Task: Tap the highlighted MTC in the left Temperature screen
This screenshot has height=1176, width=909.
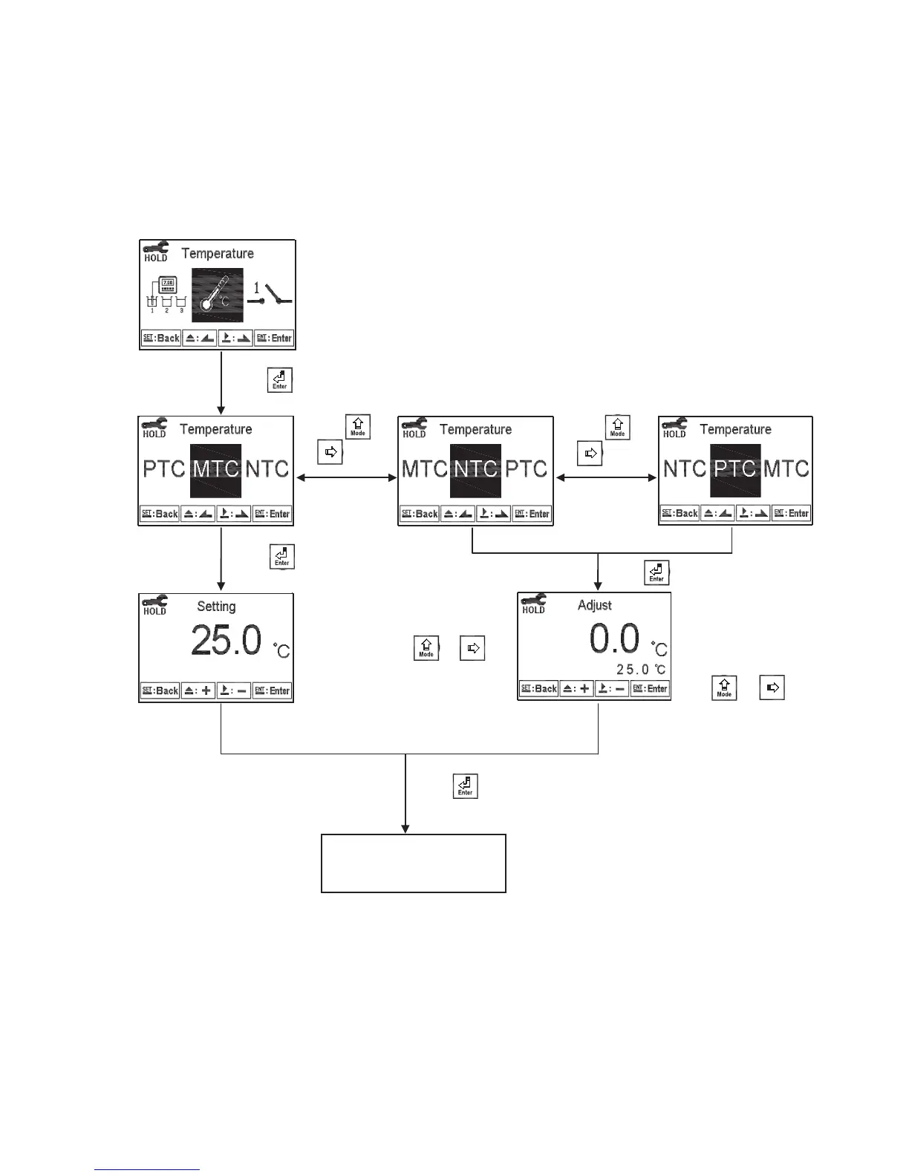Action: click(x=215, y=469)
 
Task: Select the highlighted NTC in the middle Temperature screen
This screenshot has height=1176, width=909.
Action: click(x=475, y=469)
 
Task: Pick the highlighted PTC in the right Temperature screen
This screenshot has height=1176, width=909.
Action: click(x=735, y=469)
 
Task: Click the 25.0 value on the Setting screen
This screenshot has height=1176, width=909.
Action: click(x=227, y=640)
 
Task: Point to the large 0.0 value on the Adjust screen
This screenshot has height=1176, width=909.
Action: click(x=615, y=638)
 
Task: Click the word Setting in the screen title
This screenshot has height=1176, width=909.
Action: click(x=216, y=607)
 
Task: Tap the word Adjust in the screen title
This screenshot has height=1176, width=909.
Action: click(x=595, y=606)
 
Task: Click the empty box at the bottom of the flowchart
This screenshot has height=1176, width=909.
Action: click(x=413, y=863)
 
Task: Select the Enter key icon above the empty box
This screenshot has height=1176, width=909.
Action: click(x=465, y=786)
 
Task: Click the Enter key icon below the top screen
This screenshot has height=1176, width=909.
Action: click(x=279, y=380)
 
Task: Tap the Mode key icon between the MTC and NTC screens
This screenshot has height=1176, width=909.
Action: click(x=357, y=427)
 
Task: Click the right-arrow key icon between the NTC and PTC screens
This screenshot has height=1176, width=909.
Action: click(x=590, y=453)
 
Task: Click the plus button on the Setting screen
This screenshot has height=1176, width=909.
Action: click(x=198, y=690)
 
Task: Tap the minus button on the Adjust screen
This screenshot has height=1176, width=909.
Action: click(x=611, y=688)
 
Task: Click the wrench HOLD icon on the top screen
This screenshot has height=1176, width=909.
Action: click(x=155, y=252)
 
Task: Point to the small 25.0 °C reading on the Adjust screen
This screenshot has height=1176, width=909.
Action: click(x=641, y=670)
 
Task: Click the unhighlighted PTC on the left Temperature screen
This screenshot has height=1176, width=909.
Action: click(x=163, y=469)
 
